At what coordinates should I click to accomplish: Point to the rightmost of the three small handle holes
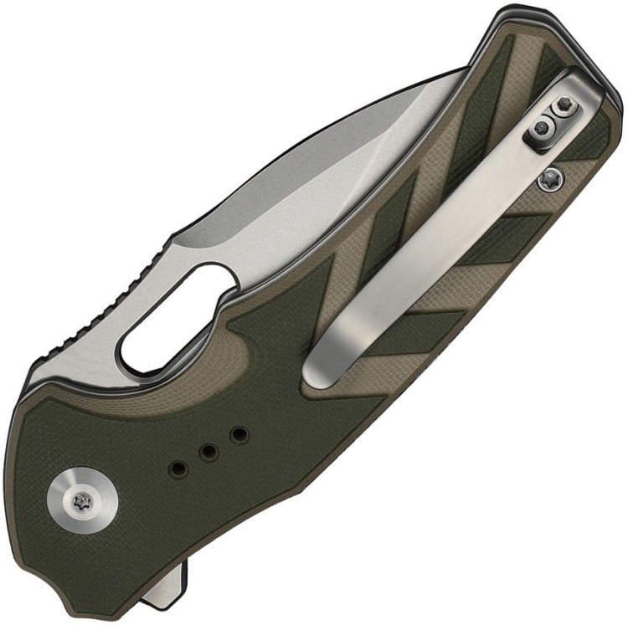[239, 435]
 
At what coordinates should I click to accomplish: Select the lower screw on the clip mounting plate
[543, 128]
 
